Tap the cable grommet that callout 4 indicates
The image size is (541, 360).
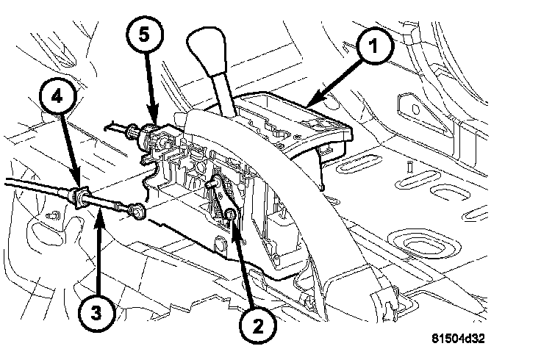pos(79,198)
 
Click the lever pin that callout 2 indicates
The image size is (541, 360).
pos(229,215)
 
